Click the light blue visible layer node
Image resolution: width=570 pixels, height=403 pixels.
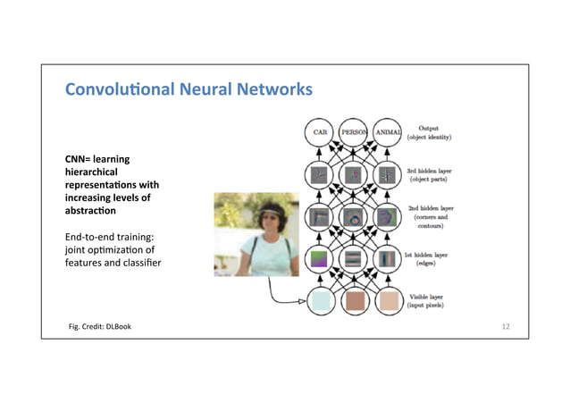click(x=319, y=302)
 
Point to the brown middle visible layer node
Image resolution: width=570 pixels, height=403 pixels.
click(x=354, y=302)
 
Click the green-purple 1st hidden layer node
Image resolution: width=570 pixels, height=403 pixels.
click(x=319, y=259)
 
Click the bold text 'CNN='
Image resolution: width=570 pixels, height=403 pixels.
click(x=73, y=159)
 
